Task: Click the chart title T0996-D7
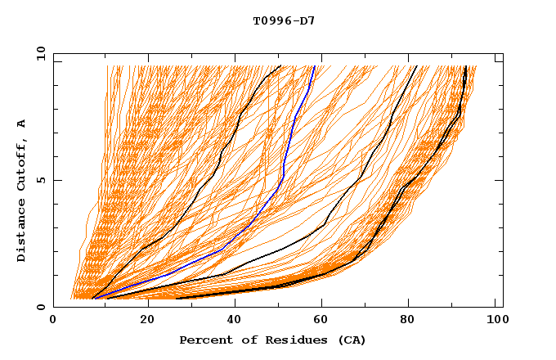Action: pos(284,20)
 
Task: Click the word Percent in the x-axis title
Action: pos(203,340)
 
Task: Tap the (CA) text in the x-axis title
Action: pos(352,340)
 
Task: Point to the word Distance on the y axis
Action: pos(22,228)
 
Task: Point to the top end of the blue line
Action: pos(315,66)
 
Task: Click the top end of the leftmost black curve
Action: pos(280,65)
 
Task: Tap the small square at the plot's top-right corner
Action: pos(499,59)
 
